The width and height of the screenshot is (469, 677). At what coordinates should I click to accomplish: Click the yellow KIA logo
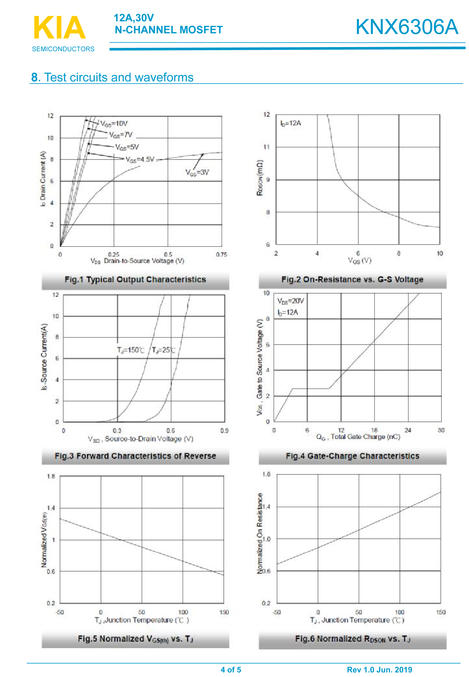[x=60, y=28]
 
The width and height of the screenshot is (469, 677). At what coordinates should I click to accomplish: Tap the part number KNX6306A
[x=407, y=27]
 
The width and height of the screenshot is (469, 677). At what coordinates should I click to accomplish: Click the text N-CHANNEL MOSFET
[x=169, y=30]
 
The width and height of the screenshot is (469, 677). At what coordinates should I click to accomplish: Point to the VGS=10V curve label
[x=114, y=123]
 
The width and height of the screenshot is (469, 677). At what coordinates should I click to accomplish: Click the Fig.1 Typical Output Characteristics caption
[x=135, y=279]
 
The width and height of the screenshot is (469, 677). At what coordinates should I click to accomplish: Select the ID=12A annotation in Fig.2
[x=291, y=123]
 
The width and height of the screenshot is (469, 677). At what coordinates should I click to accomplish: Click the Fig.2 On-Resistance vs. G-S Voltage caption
[x=352, y=279]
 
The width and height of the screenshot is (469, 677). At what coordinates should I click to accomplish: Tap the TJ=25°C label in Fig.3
[x=163, y=350]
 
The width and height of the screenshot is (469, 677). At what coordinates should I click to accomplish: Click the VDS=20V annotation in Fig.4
[x=290, y=301]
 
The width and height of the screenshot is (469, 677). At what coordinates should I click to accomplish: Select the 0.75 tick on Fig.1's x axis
[x=222, y=255]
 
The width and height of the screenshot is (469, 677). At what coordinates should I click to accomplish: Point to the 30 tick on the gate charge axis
[x=441, y=430]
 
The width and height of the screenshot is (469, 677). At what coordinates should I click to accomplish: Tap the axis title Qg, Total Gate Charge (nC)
[x=358, y=437]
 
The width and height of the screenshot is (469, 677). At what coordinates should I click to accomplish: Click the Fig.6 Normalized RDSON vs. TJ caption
[x=352, y=639]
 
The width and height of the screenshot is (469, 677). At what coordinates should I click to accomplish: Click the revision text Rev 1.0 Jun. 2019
[x=379, y=670]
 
